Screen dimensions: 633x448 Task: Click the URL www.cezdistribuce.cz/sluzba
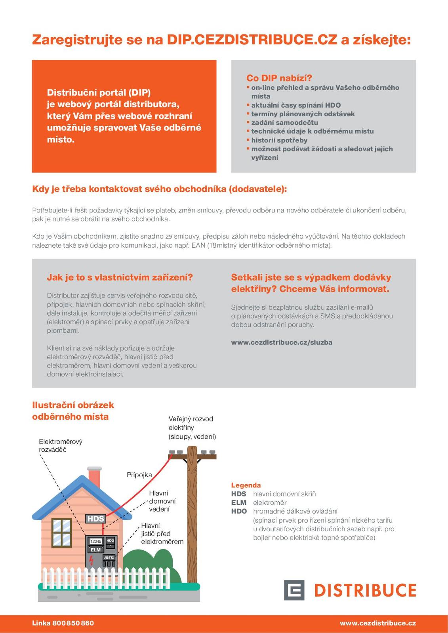pyautogui.click(x=282, y=343)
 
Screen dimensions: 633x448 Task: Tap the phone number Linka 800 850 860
pyautogui.click(x=63, y=623)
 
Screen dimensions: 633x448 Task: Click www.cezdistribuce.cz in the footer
pyautogui.click(x=377, y=623)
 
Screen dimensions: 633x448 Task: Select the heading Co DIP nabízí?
pyautogui.click(x=279, y=78)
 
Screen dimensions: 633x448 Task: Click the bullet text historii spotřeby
pyautogui.click(x=279, y=140)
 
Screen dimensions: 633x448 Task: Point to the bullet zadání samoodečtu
pyautogui.click(x=284, y=123)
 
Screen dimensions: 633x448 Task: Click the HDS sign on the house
pyautogui.click(x=95, y=519)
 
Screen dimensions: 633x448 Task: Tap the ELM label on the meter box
pyautogui.click(x=95, y=550)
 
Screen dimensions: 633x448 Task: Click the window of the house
pyautogui.click(x=61, y=532)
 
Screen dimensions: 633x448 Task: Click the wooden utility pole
pyautogui.click(x=192, y=514)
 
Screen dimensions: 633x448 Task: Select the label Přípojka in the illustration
pyautogui.click(x=139, y=475)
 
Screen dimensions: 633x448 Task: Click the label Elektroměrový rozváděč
pyautogui.click(x=61, y=445)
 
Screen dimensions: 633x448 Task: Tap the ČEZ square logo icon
pyautogui.click(x=294, y=590)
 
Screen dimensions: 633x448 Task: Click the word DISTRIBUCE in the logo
pyautogui.click(x=365, y=590)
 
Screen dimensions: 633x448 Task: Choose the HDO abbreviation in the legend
pyautogui.click(x=239, y=511)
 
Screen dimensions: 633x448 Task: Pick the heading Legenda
pyautogui.click(x=246, y=485)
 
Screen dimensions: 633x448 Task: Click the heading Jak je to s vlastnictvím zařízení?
pyautogui.click(x=120, y=277)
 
